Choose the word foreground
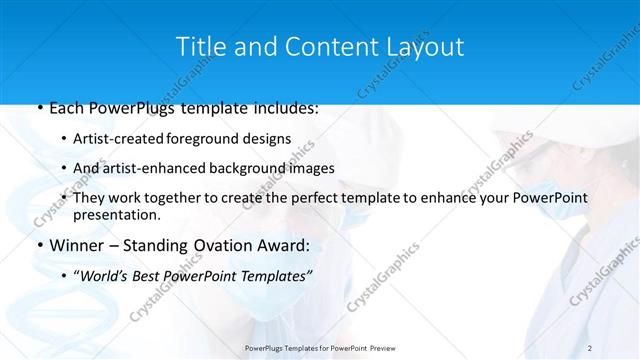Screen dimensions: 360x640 214,139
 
